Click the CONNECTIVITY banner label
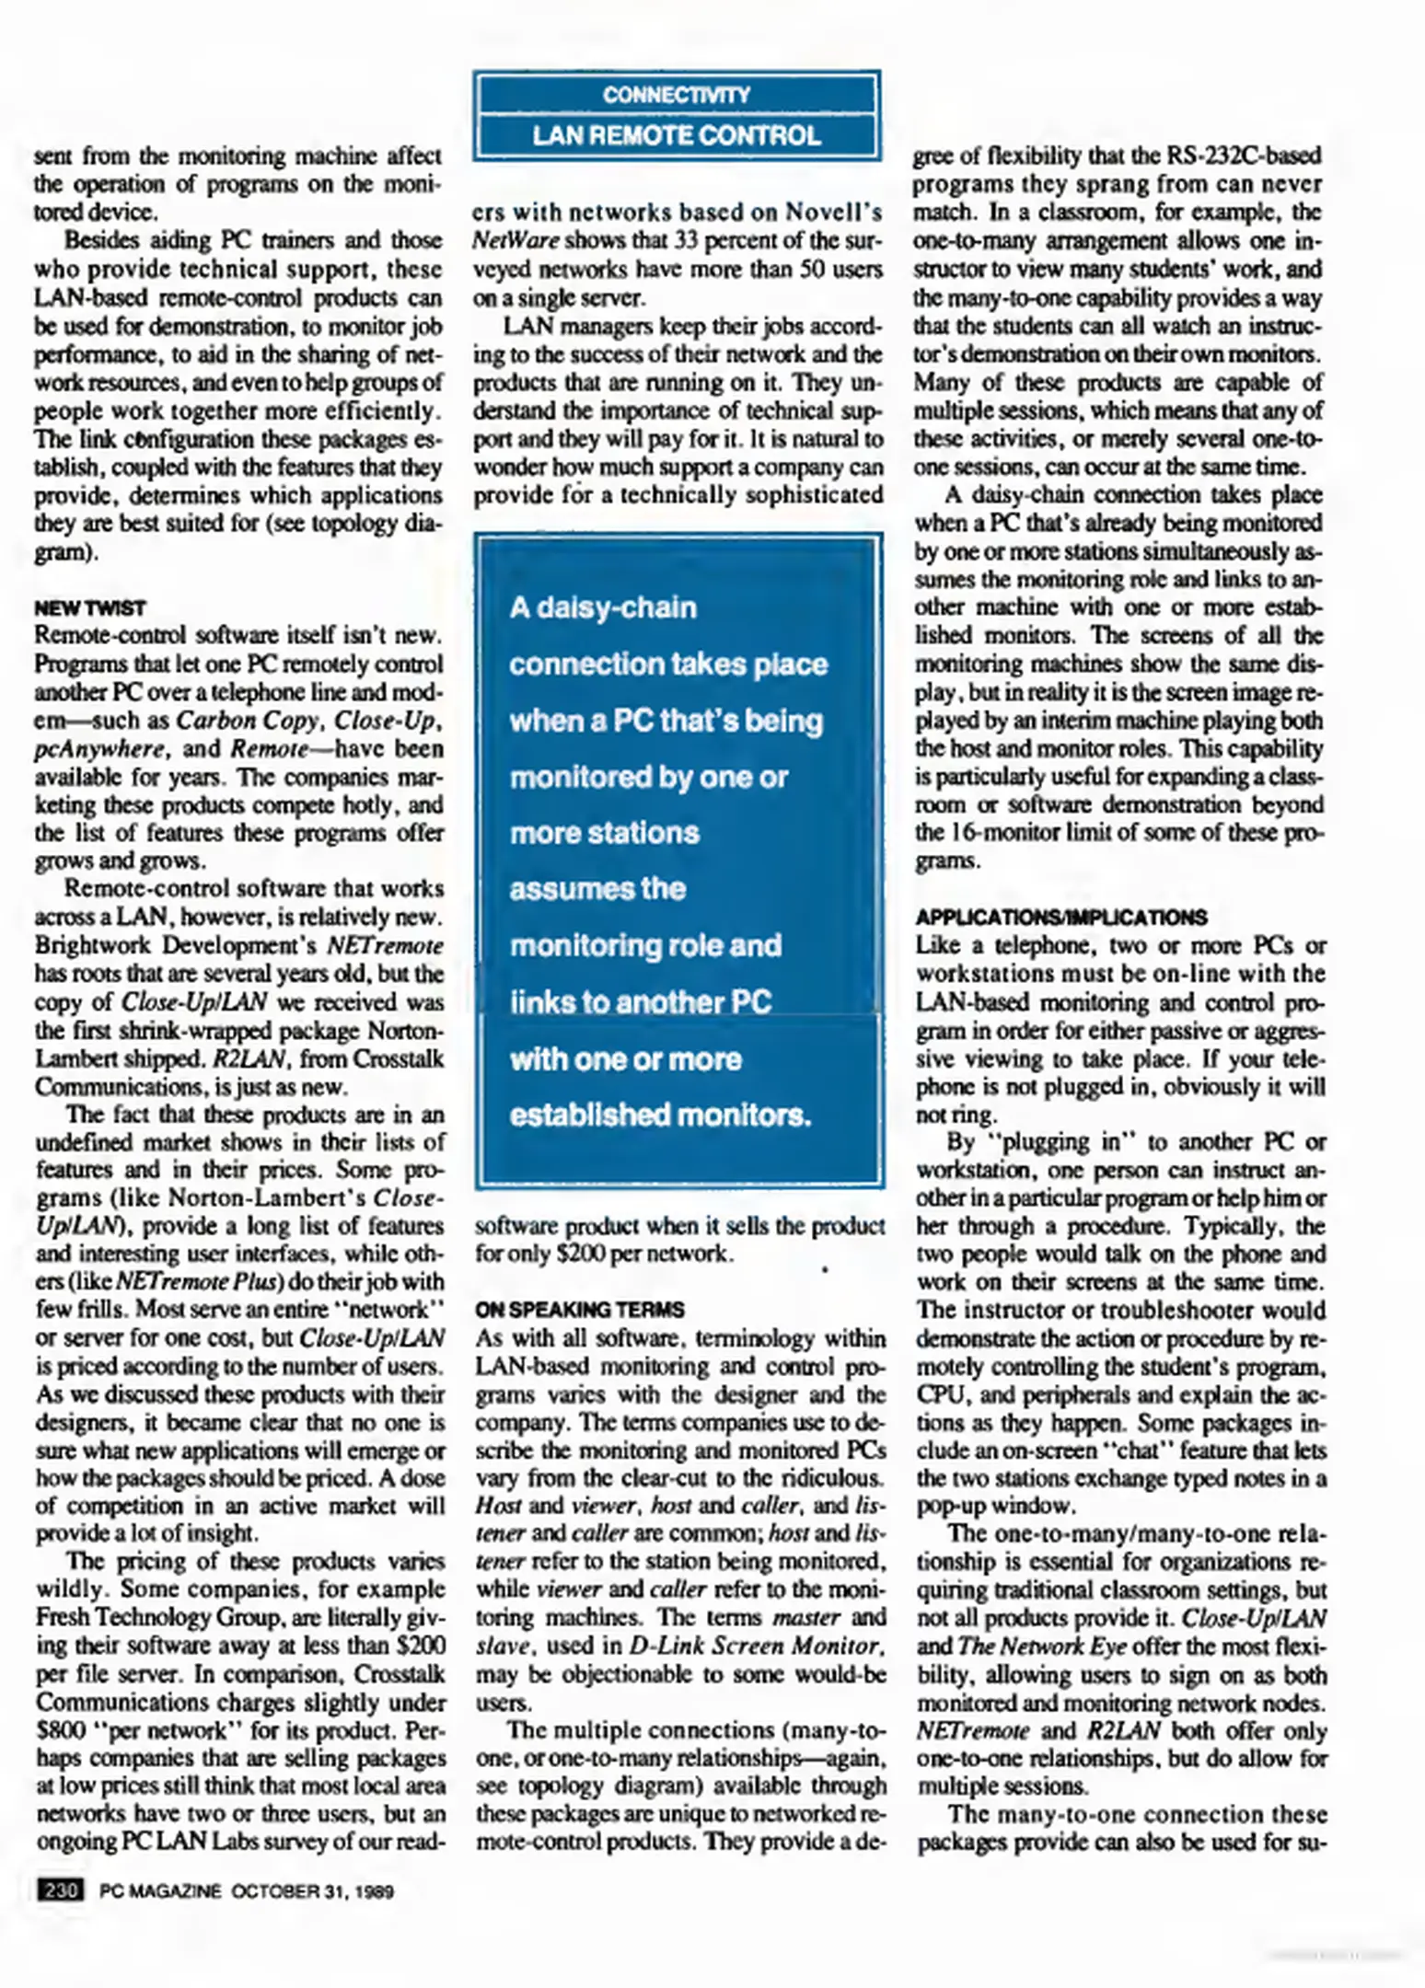(677, 95)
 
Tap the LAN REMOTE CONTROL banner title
(677, 136)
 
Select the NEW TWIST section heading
(90, 608)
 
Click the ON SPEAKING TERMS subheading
(580, 1310)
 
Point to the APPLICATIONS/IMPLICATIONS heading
(1061, 918)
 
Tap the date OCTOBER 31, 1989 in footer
(312, 1891)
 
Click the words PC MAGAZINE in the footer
(160, 1891)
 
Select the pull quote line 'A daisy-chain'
(603, 607)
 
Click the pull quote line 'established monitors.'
(660, 1115)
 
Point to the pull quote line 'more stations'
(605, 833)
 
